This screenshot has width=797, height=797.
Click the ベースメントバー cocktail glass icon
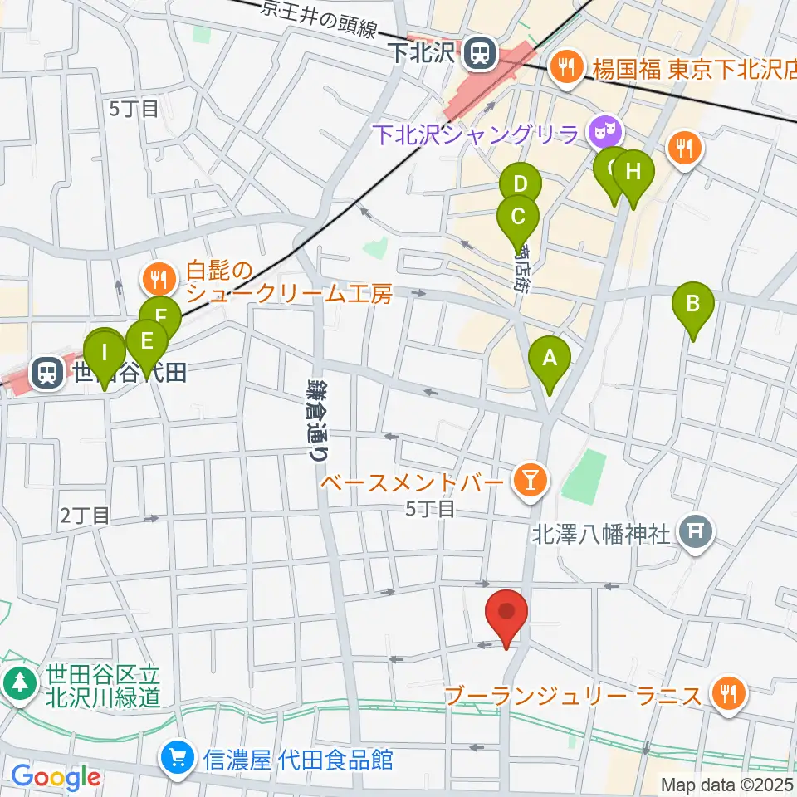tap(526, 479)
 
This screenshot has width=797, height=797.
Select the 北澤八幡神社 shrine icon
tap(696, 530)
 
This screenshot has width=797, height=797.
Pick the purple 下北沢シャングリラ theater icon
tap(601, 130)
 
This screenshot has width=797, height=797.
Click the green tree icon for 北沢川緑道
tap(18, 683)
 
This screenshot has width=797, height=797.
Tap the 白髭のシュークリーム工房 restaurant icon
tap(157, 276)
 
